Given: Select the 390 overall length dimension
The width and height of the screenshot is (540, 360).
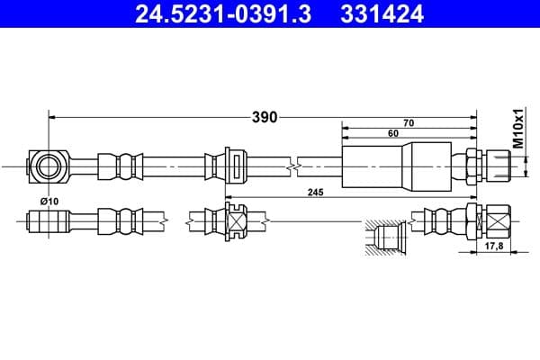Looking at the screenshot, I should coord(264,117).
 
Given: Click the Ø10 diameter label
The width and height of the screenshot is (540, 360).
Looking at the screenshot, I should coord(49,202).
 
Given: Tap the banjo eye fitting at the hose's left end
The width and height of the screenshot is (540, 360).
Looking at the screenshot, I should coord(46,166).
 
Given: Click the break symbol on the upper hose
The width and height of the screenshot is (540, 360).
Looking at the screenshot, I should coord(292,166).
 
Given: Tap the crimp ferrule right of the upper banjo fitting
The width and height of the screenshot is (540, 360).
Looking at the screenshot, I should coord(115,166).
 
